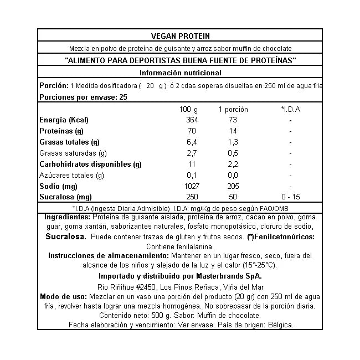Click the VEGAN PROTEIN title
tap(180, 35)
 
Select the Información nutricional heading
tap(180, 73)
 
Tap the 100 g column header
tap(189, 109)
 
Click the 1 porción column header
tap(233, 109)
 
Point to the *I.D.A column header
tap(290, 109)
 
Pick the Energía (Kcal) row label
tap(64, 120)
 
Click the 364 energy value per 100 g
tap(191, 120)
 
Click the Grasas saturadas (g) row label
tap(73, 153)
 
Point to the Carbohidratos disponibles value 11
tap(192, 164)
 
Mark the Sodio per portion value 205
tap(233, 187)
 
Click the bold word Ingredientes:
tap(67, 217)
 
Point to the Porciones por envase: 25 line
tap(84, 97)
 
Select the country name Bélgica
tap(279, 325)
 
